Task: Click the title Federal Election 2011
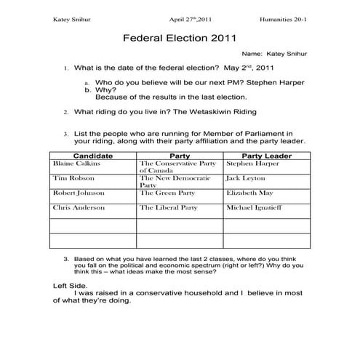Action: click(179, 36)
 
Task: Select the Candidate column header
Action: click(93, 156)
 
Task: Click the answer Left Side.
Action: click(69, 285)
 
